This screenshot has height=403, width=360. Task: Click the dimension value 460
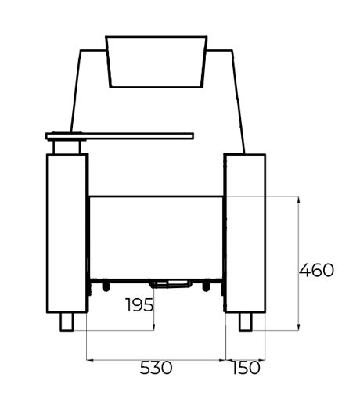316,270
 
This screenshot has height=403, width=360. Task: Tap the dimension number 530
156,368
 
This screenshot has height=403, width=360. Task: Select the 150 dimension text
246,368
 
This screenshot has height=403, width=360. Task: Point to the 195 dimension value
139,304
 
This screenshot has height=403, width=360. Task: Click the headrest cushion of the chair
157,62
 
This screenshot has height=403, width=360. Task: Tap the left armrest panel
67,233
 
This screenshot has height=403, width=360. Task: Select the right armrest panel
246,233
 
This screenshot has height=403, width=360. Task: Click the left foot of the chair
67,322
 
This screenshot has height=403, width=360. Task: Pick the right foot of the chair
246,322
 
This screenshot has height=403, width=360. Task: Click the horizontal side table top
120,136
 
